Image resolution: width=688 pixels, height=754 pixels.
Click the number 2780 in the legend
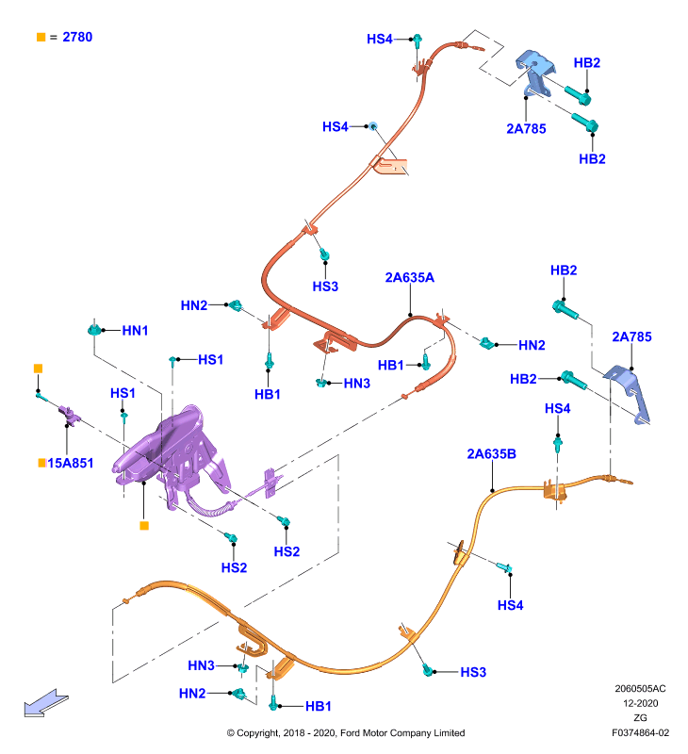coord(77,37)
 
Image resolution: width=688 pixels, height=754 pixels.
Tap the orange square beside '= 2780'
coord(41,37)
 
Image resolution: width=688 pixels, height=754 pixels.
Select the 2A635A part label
coord(410,277)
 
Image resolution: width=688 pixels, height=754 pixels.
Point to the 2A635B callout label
coord(491,454)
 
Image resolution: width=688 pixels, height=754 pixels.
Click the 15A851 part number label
coord(70,463)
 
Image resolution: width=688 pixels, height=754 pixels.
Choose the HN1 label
coord(135,331)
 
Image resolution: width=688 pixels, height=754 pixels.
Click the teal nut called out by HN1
coord(94,330)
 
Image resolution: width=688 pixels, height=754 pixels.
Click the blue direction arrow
coord(46,703)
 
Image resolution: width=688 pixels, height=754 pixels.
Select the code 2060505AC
coord(640,689)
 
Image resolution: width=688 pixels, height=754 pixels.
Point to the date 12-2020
coord(640,703)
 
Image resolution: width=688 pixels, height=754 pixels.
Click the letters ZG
coord(640,717)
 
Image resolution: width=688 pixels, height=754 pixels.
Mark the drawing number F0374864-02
coord(640,733)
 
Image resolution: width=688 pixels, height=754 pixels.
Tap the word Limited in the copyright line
coord(449,733)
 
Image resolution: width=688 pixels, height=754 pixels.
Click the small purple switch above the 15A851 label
coord(69,415)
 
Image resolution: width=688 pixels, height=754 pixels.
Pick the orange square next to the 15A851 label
coord(41,463)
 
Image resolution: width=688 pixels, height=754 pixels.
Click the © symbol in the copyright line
coord(231,733)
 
